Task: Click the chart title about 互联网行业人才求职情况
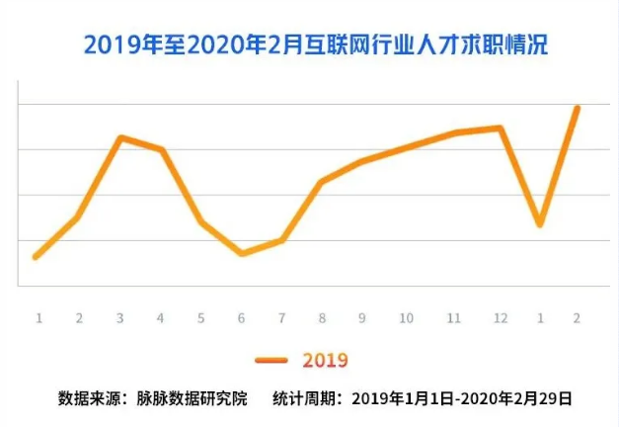pos(315,45)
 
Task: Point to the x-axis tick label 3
pos(119,318)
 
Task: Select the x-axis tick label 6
pos(242,318)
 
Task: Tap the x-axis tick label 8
pos(323,318)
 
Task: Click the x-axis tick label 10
pos(405,318)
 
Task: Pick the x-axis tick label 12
pos(501,318)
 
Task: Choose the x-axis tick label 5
pos(200,318)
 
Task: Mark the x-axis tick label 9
pos(363,318)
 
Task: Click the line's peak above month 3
pos(119,137)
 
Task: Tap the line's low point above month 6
pos(242,254)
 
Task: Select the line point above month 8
pos(323,182)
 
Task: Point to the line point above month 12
pos(501,128)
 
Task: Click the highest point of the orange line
pos(577,108)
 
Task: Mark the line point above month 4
pos(161,149)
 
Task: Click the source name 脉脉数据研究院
pos(186,400)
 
